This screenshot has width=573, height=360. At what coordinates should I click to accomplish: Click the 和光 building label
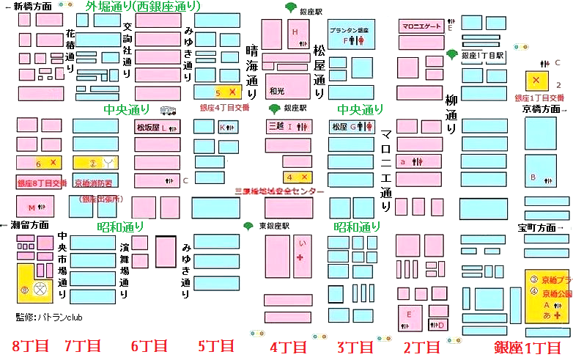tap(276, 92)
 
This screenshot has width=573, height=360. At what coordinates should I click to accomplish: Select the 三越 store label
tap(276, 127)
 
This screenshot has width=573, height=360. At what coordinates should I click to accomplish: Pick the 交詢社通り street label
tap(127, 48)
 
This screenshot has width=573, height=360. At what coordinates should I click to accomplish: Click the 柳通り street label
tap(451, 113)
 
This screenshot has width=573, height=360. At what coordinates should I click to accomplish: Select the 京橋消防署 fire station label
tap(93, 183)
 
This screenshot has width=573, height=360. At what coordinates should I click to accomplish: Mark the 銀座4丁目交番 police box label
tap(224, 108)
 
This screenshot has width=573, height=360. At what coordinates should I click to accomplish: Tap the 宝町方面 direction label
tap(541, 227)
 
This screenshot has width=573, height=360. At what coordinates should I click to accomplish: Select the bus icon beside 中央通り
tap(168, 111)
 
